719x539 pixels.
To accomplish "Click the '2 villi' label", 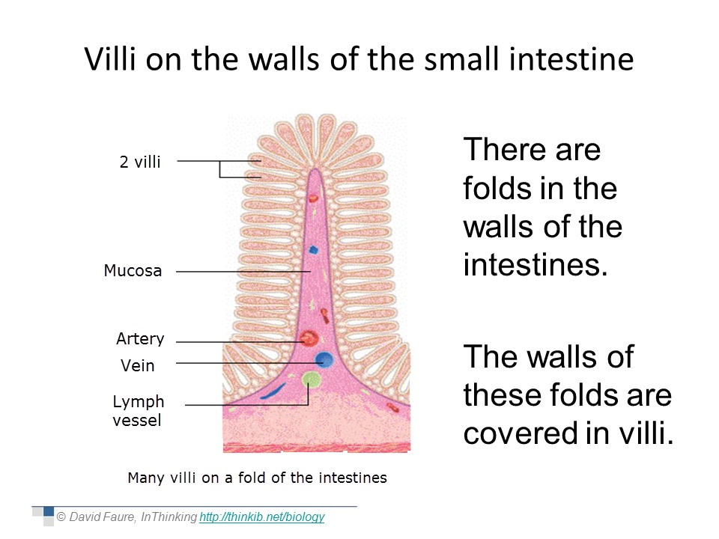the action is coord(140,162).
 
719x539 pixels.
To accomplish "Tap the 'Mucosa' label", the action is coord(133,270).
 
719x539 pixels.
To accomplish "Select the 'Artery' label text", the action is coord(140,338).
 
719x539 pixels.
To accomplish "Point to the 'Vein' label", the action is coord(138,365).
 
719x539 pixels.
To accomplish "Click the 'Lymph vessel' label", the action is coord(138,411).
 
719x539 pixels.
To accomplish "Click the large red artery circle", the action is coord(309,338).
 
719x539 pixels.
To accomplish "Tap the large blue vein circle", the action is coord(324,359).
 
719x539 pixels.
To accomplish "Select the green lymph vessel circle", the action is coord(312,379).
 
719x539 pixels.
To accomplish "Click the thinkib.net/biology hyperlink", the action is coord(262,517).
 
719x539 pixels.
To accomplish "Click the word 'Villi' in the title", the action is coord(110,59).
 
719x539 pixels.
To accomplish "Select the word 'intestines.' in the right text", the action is coord(536,264).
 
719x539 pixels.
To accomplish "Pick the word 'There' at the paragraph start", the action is coord(506,150).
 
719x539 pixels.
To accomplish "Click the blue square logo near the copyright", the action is coord(49,511).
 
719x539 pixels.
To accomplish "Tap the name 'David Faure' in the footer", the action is coord(103,517).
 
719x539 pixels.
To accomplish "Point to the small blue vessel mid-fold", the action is coord(313,250).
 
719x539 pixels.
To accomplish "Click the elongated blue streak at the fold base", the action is coord(273,392).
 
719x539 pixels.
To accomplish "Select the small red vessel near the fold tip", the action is coord(313,198).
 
